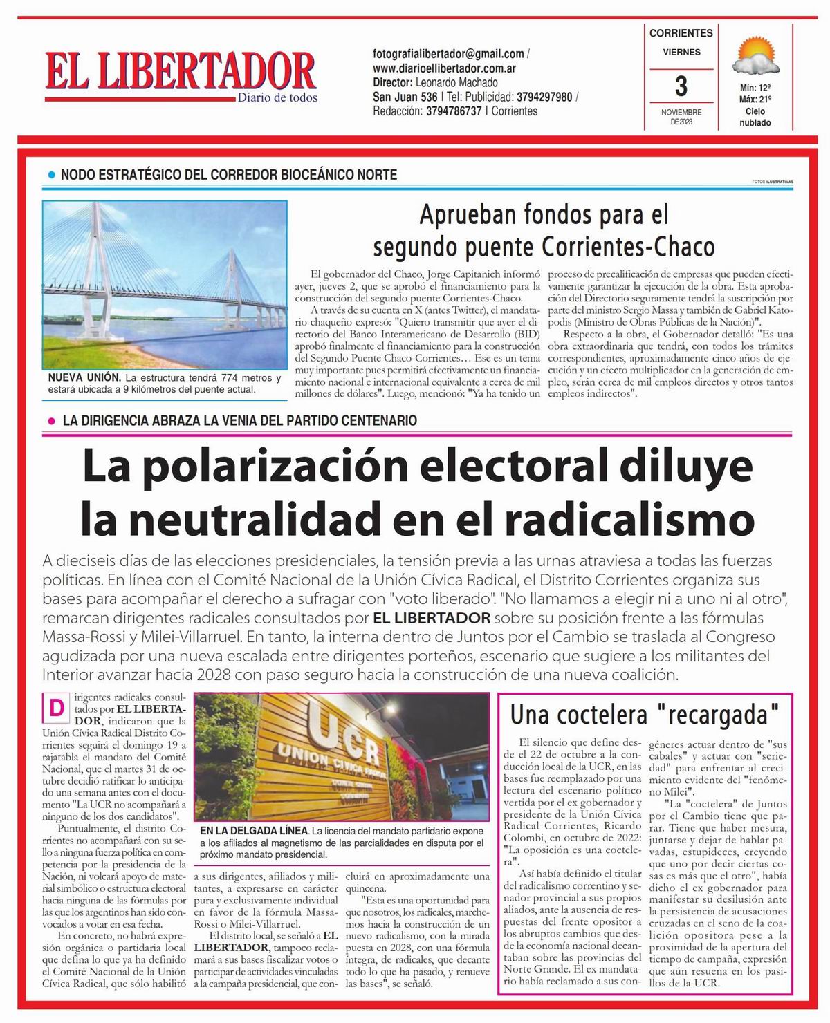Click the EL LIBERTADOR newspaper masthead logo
tap(181, 71)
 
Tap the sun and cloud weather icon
tap(755, 57)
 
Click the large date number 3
tap(681, 86)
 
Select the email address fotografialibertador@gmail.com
tap(448, 54)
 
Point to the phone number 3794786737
tap(454, 111)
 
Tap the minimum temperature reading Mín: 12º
tap(755, 88)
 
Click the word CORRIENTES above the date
tap(681, 33)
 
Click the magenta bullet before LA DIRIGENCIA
tap(51, 421)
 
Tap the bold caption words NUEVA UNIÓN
tap(84, 378)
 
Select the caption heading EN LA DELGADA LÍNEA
tap(253, 831)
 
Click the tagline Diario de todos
tap(277, 97)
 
